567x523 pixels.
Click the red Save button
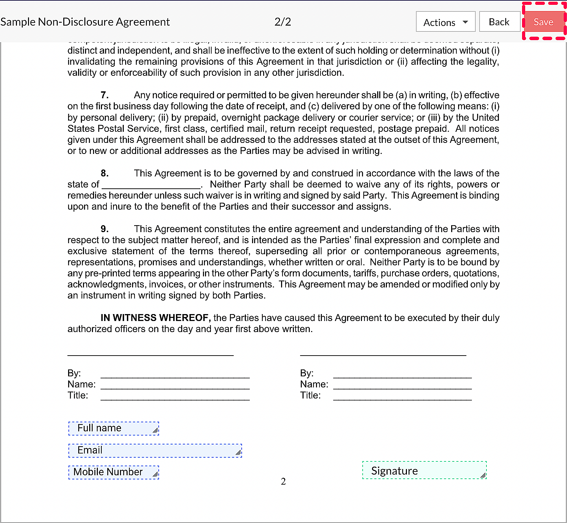(x=543, y=22)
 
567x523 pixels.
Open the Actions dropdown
(x=445, y=22)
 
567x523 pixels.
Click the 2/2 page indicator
(x=282, y=22)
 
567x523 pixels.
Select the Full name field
(x=113, y=428)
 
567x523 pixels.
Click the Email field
(x=155, y=450)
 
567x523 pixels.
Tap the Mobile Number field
(x=113, y=472)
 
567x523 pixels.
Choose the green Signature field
(x=424, y=470)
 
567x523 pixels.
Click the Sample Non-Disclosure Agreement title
(x=85, y=22)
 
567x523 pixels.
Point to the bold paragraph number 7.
(x=104, y=95)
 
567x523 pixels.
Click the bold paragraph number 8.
(x=104, y=173)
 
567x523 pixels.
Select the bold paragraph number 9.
(x=104, y=229)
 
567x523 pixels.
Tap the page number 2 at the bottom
(x=283, y=481)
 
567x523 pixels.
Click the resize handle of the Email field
(x=239, y=452)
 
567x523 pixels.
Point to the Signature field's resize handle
(x=483, y=476)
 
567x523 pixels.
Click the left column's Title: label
(x=78, y=395)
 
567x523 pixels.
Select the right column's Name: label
(x=314, y=384)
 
